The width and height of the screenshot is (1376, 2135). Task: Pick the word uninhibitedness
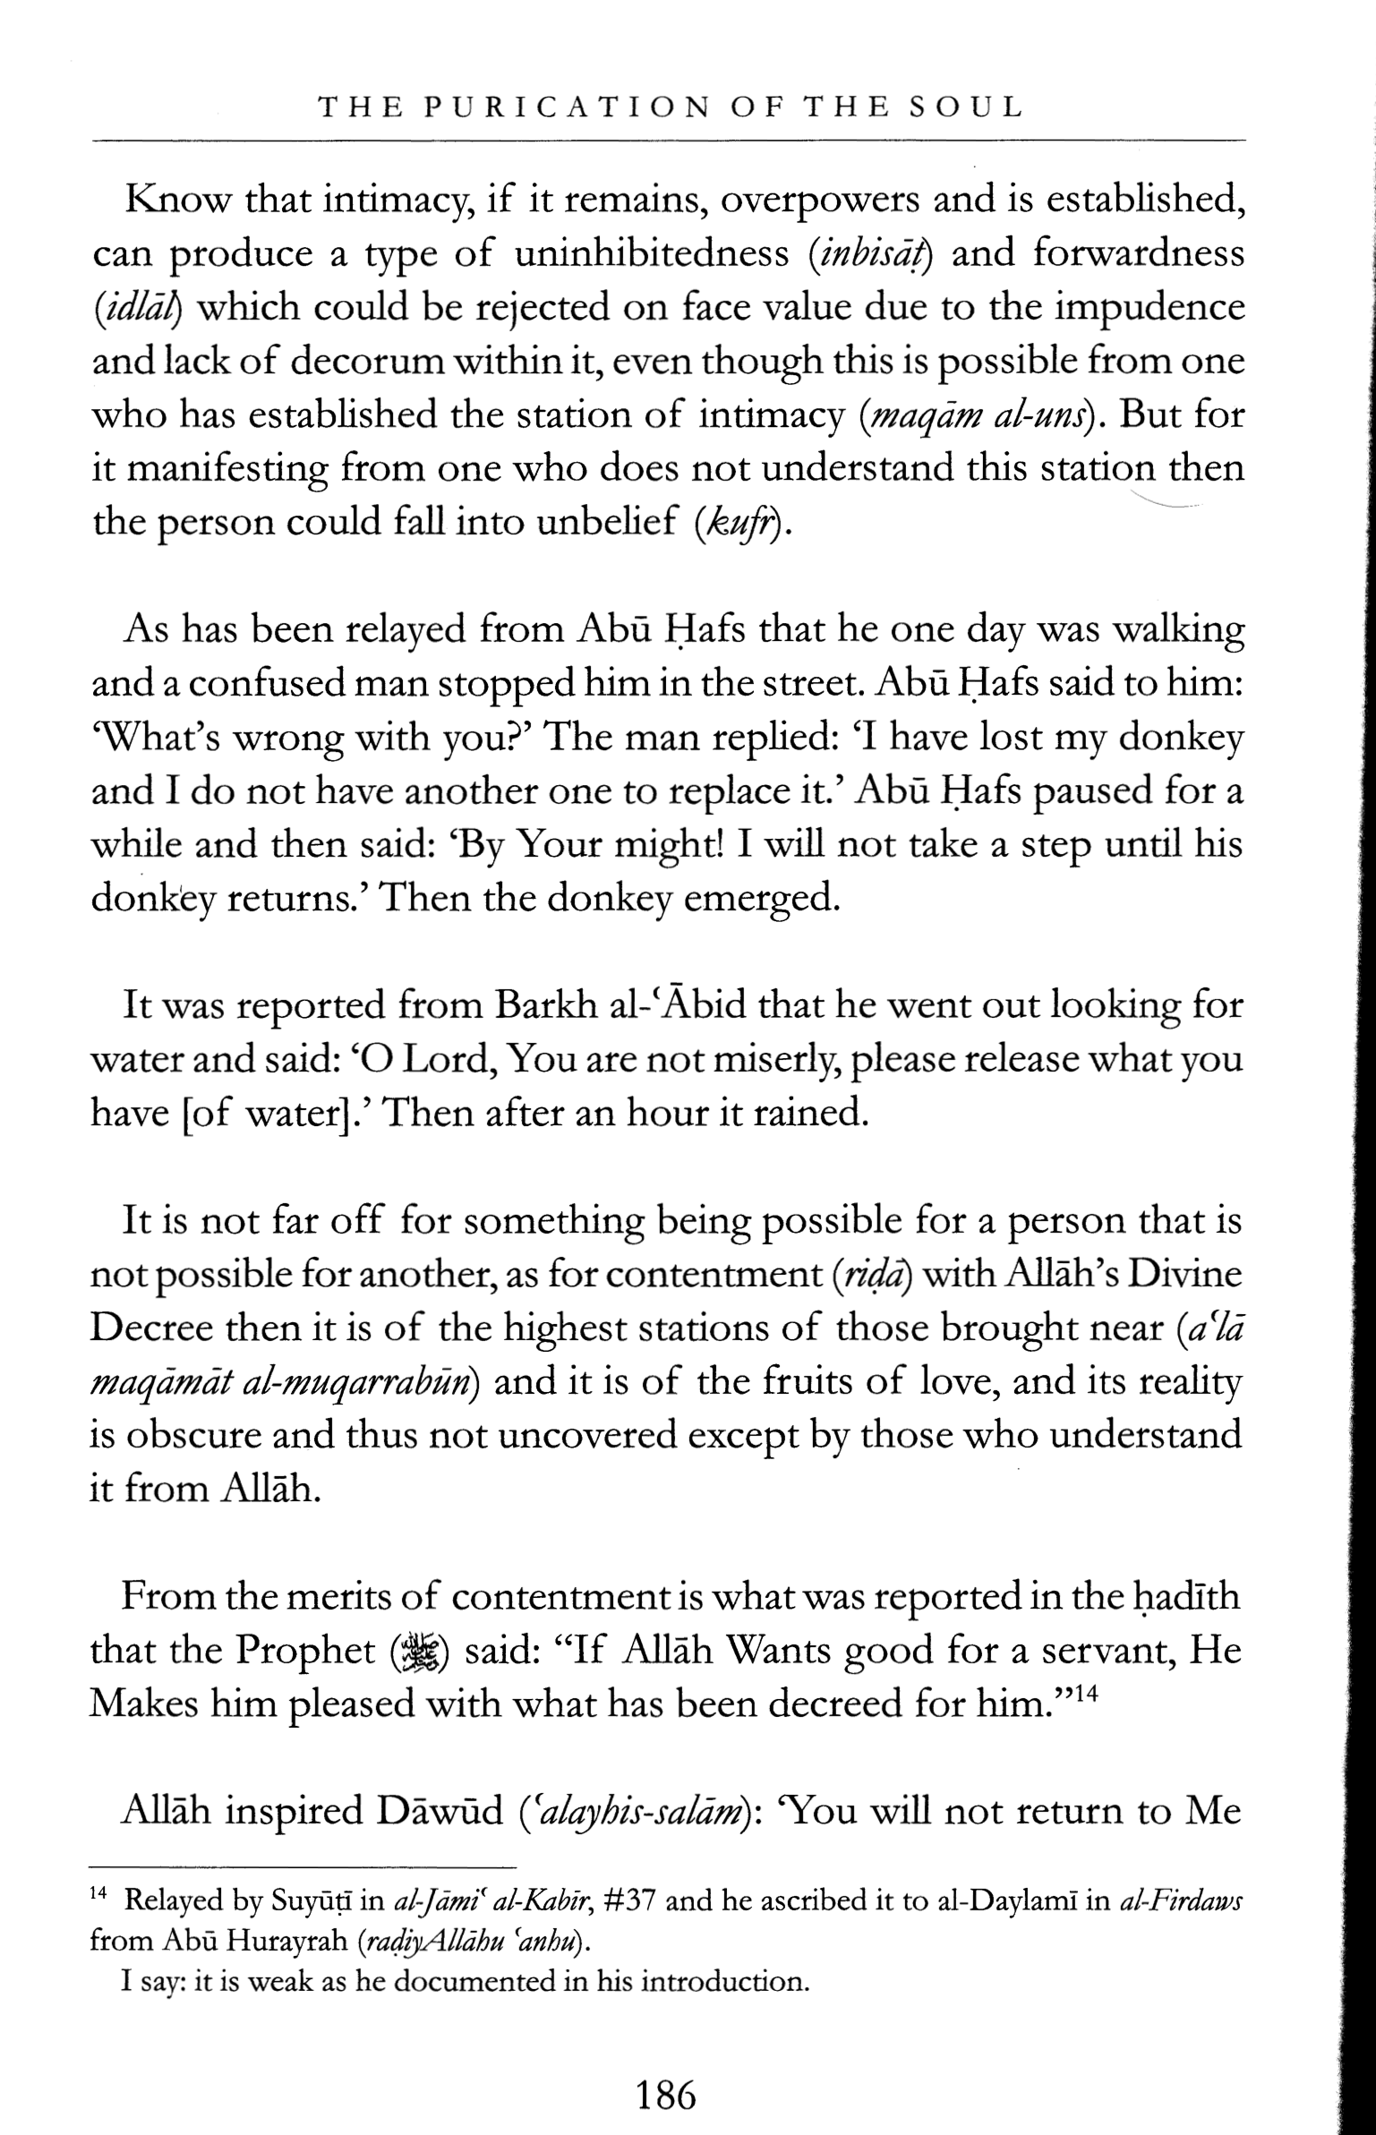point(653,255)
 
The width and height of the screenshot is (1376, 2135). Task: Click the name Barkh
point(543,1007)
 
